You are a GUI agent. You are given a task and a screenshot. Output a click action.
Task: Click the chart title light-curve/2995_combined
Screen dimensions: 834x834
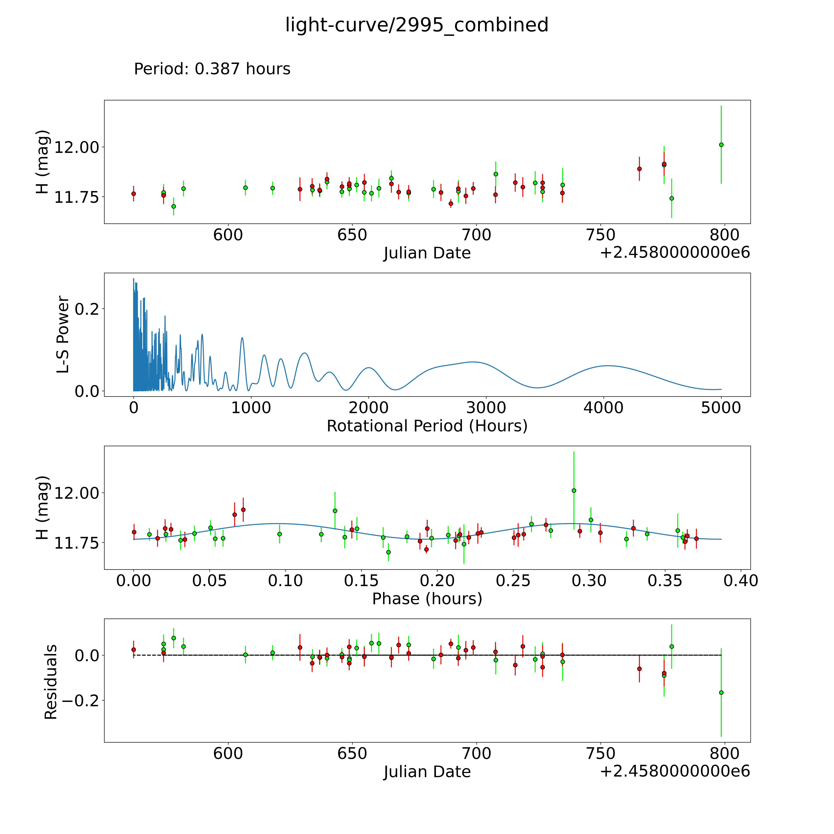(417, 25)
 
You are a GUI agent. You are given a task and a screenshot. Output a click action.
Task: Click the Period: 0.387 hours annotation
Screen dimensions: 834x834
(212, 69)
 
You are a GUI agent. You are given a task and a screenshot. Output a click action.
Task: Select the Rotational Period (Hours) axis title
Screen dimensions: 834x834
(427, 426)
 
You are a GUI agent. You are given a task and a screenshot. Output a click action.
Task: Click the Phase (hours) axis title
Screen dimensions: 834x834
(427, 599)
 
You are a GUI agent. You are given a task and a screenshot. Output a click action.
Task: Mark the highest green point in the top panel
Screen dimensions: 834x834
(721, 145)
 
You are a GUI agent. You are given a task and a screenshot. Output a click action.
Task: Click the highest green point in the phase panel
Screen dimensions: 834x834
(574, 490)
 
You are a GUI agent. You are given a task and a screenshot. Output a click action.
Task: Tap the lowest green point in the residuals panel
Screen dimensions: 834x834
(721, 692)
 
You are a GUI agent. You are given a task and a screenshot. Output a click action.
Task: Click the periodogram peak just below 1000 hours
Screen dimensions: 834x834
(242, 338)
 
